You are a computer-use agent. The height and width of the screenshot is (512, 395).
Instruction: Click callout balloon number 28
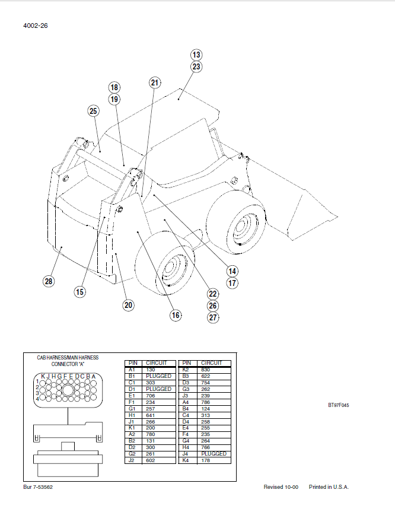[49, 281]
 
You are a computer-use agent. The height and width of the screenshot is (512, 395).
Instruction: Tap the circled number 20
[128, 305]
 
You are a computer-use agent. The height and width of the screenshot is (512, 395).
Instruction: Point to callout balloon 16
[176, 315]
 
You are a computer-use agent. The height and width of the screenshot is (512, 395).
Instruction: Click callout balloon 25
[93, 111]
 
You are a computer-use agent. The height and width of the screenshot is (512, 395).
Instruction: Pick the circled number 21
[155, 82]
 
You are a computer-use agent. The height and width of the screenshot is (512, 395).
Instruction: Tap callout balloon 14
[232, 271]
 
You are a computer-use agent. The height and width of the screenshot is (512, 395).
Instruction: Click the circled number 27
[213, 317]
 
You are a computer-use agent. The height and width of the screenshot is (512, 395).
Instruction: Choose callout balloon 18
[114, 87]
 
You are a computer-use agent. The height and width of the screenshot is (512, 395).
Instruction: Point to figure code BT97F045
[339, 406]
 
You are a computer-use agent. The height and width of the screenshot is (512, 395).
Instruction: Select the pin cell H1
[132, 415]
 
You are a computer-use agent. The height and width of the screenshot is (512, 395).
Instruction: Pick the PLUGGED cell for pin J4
[214, 453]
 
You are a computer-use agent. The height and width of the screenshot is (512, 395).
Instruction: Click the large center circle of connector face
[68, 390]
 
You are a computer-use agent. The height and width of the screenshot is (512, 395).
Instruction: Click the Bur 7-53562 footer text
[38, 487]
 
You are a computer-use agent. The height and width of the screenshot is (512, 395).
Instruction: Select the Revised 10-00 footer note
[281, 487]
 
